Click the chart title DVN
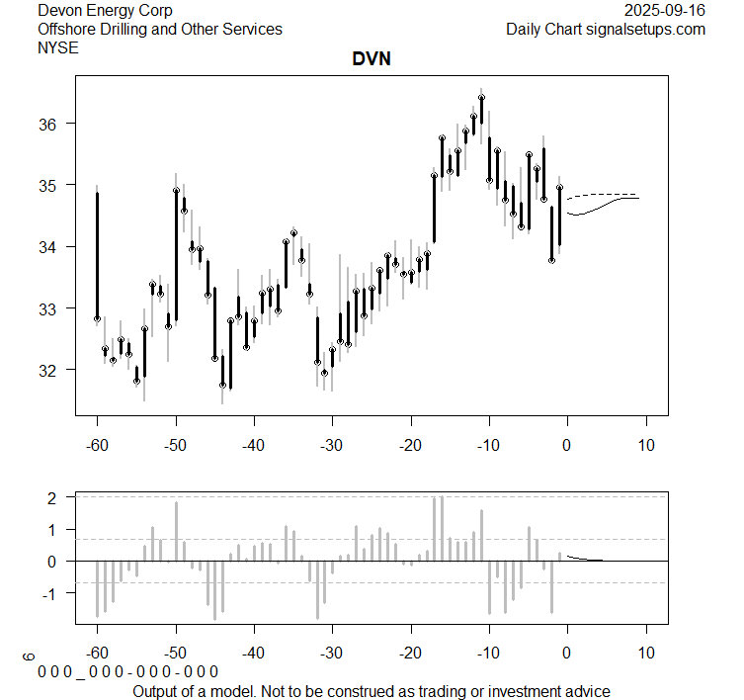[372, 59]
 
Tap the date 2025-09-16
[665, 10]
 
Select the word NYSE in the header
[58, 47]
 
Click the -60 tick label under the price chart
[97, 445]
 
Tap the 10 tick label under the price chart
[645, 445]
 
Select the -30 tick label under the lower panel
[332, 653]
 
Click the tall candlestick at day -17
[434, 208]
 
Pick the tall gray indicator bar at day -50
[176, 531]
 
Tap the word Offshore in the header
[68, 29]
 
